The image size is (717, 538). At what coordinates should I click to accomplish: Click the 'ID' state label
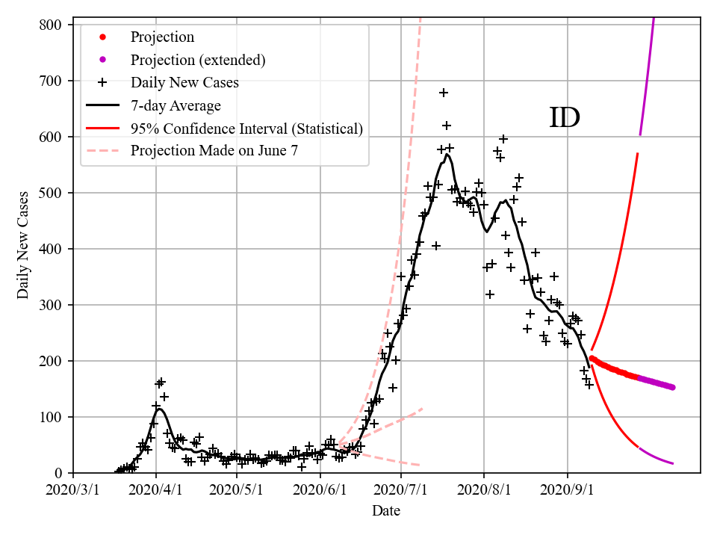pyautogui.click(x=565, y=118)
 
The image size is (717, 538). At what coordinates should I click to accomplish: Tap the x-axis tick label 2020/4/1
pyautogui.click(x=156, y=490)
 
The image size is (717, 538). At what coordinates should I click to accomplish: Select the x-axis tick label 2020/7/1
pyautogui.click(x=401, y=490)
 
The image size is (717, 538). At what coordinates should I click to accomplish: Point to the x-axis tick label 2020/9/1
pyautogui.click(x=568, y=490)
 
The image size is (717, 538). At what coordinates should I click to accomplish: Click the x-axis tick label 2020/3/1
pyautogui.click(x=73, y=490)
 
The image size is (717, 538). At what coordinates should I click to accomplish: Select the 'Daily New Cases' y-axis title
pyautogui.click(x=23, y=244)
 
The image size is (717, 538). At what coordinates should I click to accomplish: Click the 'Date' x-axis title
pyautogui.click(x=386, y=511)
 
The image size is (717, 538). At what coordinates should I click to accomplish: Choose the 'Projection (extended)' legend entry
pyautogui.click(x=198, y=60)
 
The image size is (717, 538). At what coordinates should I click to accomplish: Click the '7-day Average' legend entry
pyautogui.click(x=176, y=105)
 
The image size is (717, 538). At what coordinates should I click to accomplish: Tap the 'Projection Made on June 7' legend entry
pyautogui.click(x=214, y=150)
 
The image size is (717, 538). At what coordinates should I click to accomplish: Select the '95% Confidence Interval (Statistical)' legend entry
pyautogui.click(x=246, y=129)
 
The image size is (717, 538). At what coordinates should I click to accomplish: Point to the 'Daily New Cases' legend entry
pyautogui.click(x=184, y=82)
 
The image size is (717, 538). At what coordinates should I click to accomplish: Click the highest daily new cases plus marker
pyautogui.click(x=444, y=93)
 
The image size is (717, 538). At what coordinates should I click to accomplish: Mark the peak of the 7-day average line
pyautogui.click(x=447, y=155)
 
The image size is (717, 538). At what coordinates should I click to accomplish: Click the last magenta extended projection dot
pyautogui.click(x=673, y=387)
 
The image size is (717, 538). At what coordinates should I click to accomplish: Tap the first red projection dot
pyautogui.click(x=592, y=358)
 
